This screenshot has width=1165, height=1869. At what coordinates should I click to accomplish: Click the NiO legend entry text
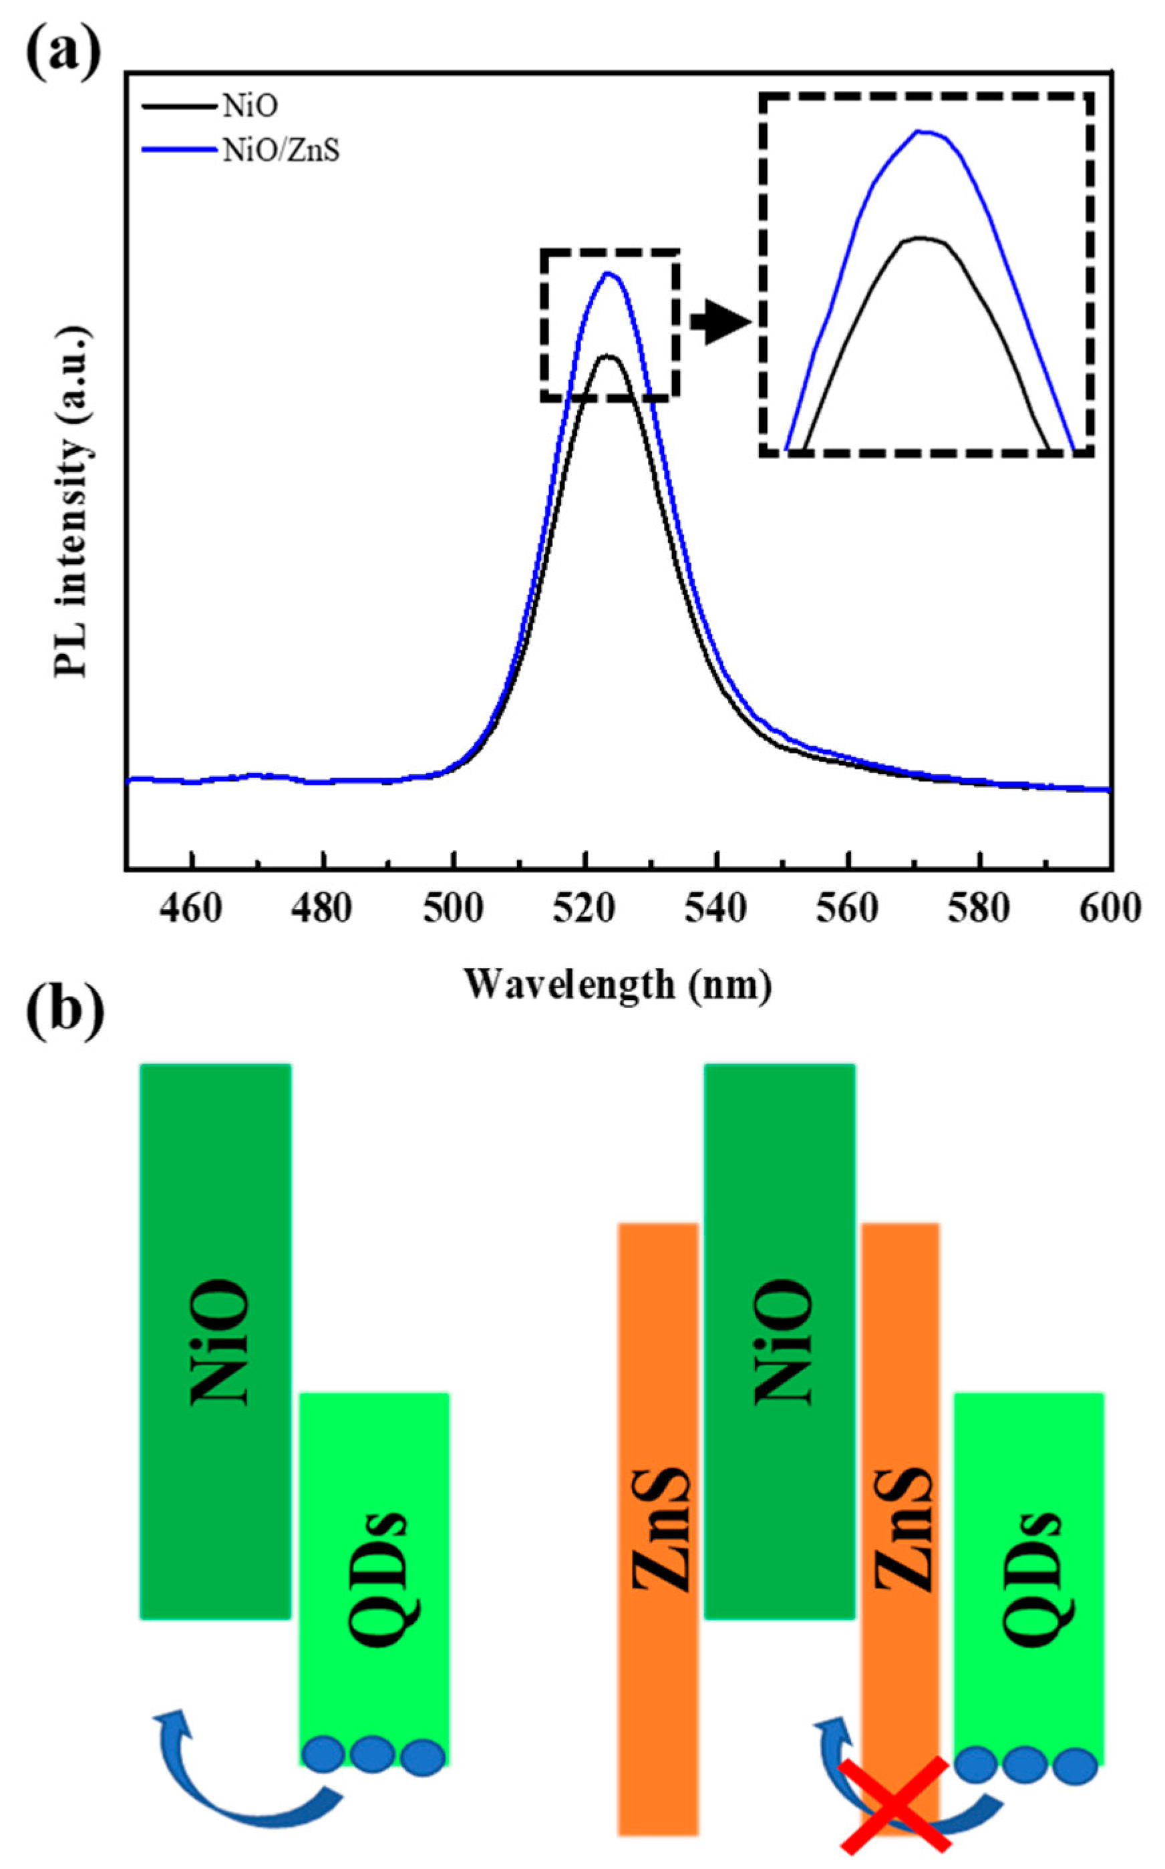[x=250, y=107]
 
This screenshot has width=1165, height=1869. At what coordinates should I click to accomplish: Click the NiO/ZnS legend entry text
[x=281, y=151]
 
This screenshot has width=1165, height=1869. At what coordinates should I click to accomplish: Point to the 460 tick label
[x=192, y=909]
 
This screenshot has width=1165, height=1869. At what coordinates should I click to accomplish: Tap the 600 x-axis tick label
[x=1110, y=909]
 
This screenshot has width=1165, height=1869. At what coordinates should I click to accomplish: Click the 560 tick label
[x=848, y=909]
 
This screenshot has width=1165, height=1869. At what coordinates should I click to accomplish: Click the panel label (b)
[x=65, y=1015]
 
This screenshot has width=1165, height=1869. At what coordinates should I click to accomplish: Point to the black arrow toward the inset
[x=720, y=323]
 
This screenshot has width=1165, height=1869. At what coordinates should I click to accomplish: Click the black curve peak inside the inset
[x=919, y=238]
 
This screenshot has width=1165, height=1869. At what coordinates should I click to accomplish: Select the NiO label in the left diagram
[x=219, y=1341]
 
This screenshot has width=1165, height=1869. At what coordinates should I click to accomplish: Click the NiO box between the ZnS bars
[x=780, y=1341]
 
